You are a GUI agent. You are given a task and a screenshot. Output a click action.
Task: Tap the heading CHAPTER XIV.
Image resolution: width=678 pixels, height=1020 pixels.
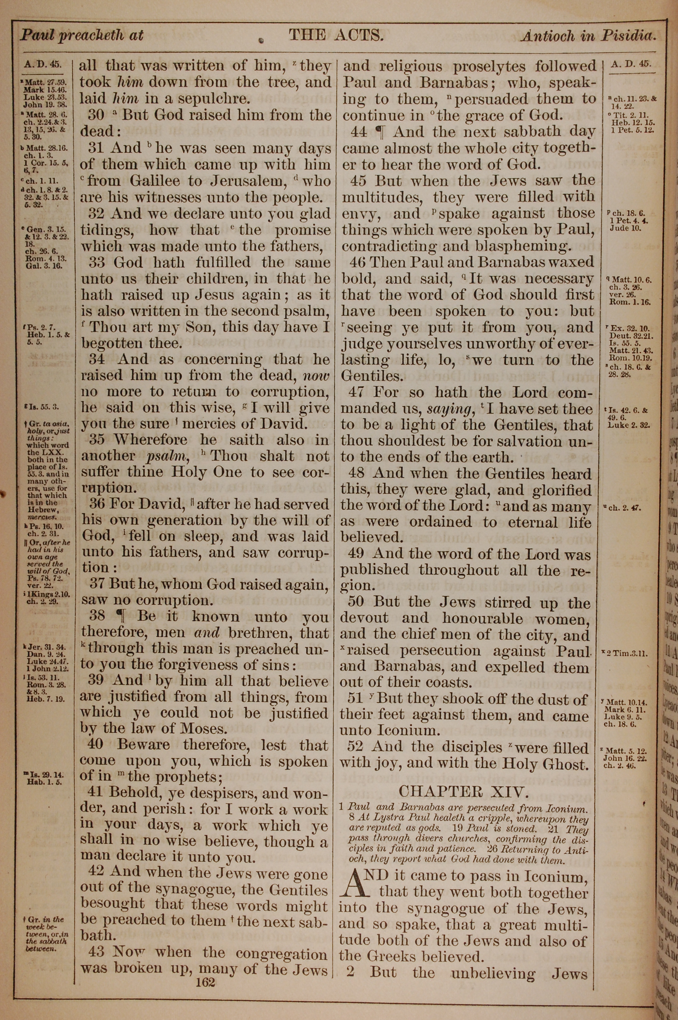(463, 792)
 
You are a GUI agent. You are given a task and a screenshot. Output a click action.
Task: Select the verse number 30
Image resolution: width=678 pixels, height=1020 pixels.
(96, 115)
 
